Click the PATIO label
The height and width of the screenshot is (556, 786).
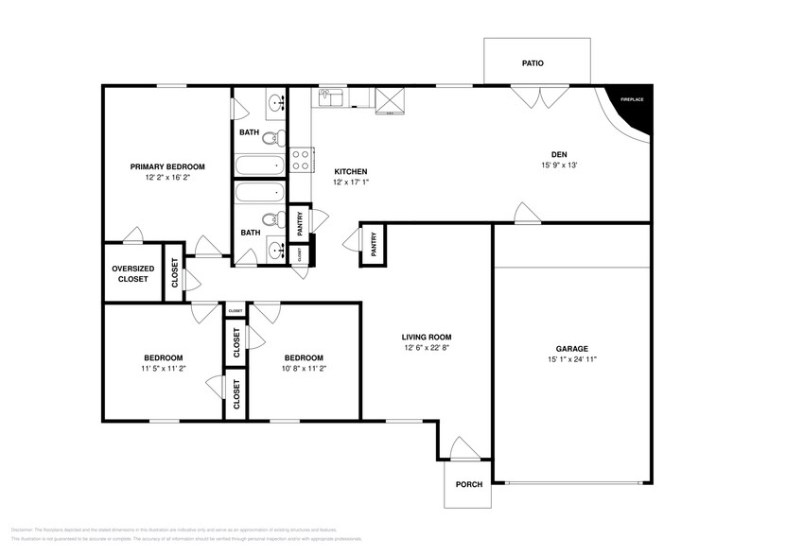(x=533, y=63)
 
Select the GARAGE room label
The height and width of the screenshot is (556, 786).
(x=571, y=348)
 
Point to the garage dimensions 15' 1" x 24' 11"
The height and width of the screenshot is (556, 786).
(x=571, y=359)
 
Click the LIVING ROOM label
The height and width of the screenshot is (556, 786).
(x=427, y=337)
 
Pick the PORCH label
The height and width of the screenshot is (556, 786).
(x=468, y=484)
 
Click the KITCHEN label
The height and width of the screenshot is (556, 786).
(x=350, y=171)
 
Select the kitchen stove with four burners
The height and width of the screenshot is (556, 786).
(x=302, y=160)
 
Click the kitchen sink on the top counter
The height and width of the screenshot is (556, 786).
(x=331, y=96)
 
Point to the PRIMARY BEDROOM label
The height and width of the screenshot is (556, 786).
(x=167, y=166)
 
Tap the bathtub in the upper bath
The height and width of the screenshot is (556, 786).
(x=259, y=165)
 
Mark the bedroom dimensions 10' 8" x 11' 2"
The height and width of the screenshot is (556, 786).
(x=304, y=369)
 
